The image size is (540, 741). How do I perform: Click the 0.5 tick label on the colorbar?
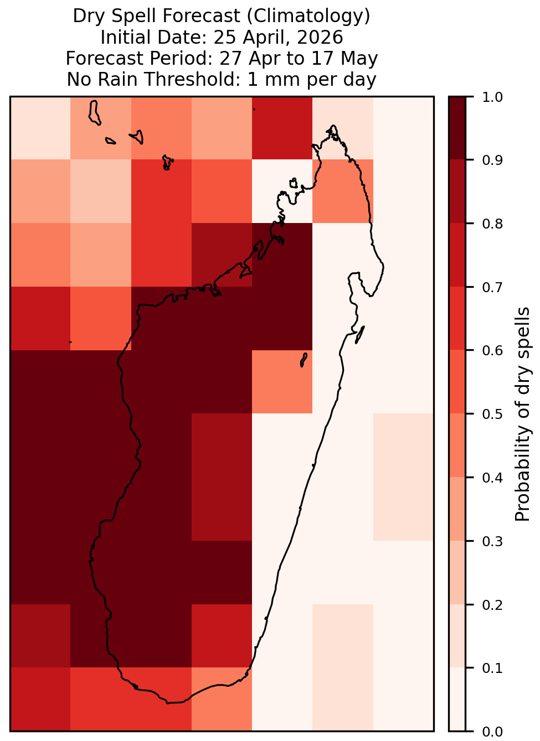click(x=492, y=414)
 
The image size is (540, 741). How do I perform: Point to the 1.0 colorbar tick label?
click(x=492, y=97)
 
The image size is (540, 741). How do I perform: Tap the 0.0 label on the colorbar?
click(x=492, y=732)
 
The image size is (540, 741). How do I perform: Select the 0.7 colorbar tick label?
click(x=492, y=287)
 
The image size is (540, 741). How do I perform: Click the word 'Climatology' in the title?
click(x=308, y=16)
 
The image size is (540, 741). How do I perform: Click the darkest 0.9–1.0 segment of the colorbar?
click(x=457, y=128)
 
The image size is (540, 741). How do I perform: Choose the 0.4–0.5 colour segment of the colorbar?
click(x=457, y=445)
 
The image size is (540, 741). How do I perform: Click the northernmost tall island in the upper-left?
click(x=94, y=113)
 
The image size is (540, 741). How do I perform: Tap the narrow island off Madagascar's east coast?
click(x=360, y=334)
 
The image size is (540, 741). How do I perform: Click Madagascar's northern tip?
click(x=333, y=126)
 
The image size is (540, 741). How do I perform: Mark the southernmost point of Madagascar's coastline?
click(x=167, y=703)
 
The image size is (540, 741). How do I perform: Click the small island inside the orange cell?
click(x=304, y=360)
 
